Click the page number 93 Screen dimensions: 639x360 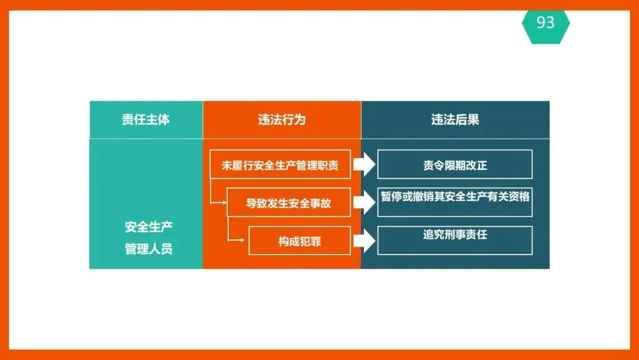point(546,22)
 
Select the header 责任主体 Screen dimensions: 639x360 point(146,120)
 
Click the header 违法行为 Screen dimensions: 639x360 point(282,120)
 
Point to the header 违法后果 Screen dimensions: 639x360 point(455,120)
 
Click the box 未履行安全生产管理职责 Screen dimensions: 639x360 point(280,165)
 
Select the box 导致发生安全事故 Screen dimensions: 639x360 point(289,203)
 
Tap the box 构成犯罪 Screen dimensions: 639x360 point(299,240)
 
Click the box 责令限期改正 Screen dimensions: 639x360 point(455,165)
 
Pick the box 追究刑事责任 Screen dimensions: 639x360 point(455,240)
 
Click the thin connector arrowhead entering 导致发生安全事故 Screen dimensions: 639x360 point(224,203)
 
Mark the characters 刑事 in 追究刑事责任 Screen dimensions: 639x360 point(455,234)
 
